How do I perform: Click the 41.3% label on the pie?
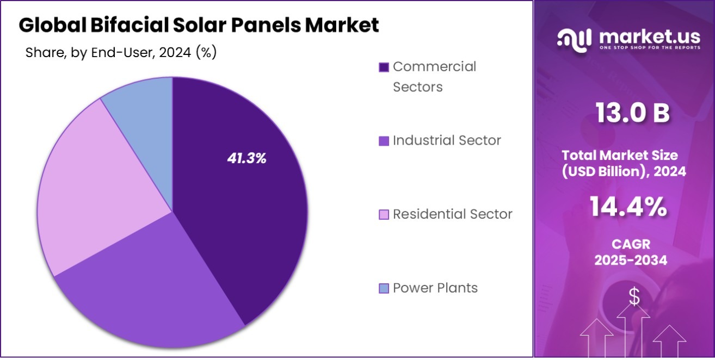pos(246,159)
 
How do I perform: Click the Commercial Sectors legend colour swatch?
pos(384,67)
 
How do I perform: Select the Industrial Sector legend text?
pos(447,140)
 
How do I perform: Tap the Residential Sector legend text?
pos(452,214)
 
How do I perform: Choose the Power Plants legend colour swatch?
pos(384,288)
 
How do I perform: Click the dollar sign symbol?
pos(634,296)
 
